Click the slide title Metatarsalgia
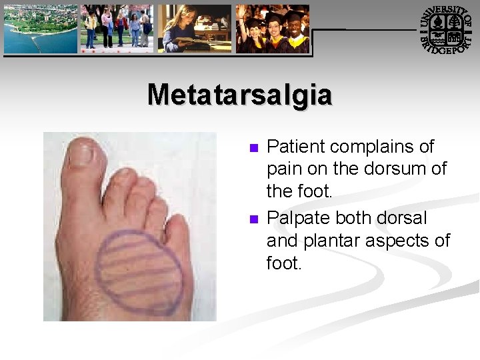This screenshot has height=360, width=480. pos(239,95)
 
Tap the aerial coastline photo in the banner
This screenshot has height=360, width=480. pos(40,28)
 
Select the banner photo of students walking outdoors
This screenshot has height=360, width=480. pos(117,28)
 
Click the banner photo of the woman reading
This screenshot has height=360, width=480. pos(195,28)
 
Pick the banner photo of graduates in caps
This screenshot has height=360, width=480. pos(273,28)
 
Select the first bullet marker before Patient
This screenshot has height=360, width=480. pos(253,147)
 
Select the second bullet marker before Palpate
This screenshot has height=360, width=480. pos(253,219)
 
